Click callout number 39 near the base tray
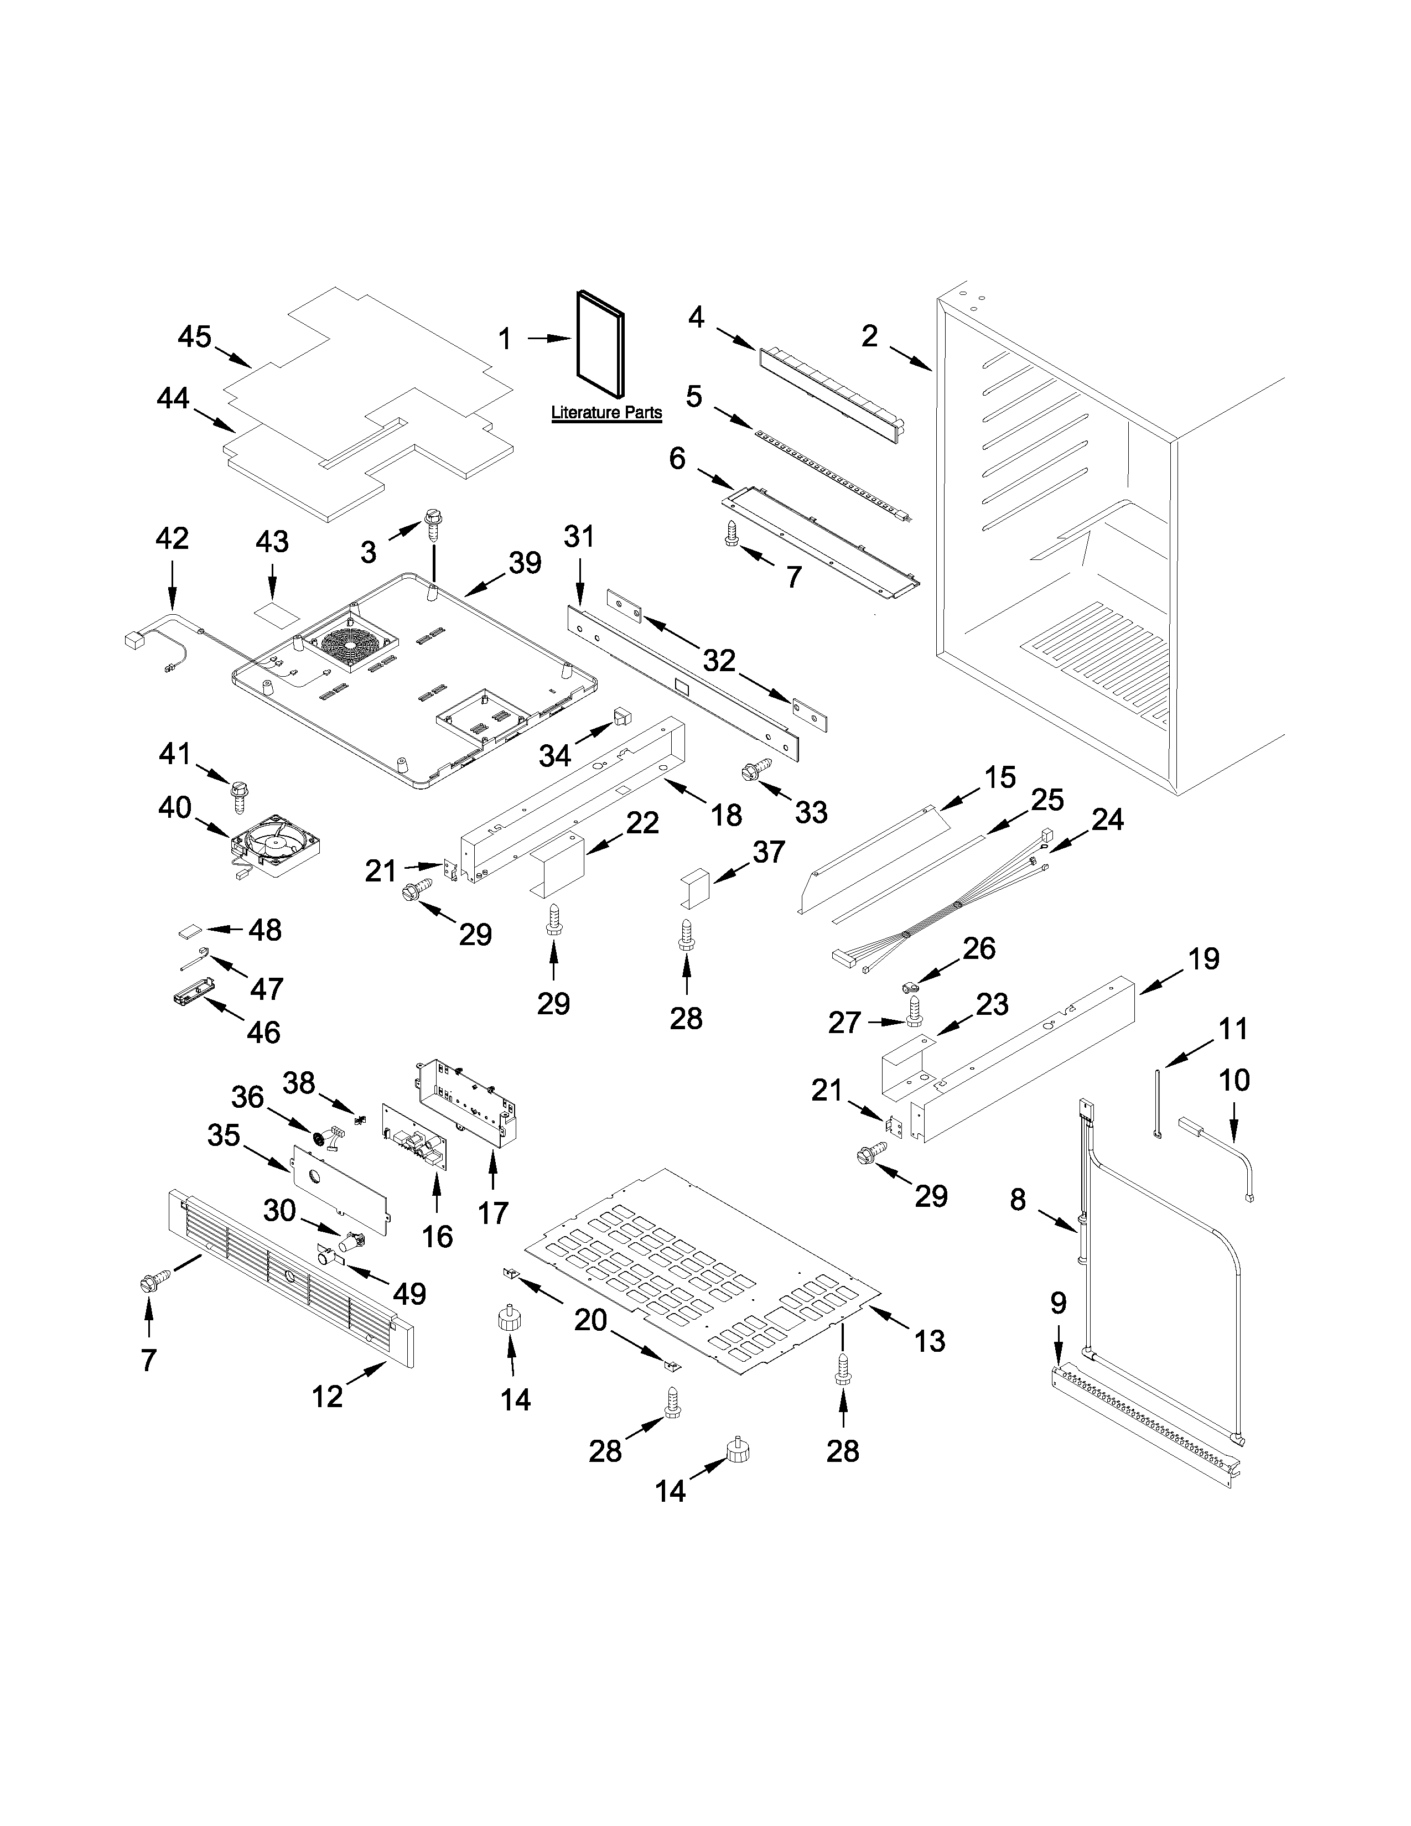coord(525,563)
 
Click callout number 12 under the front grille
coord(327,1396)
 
